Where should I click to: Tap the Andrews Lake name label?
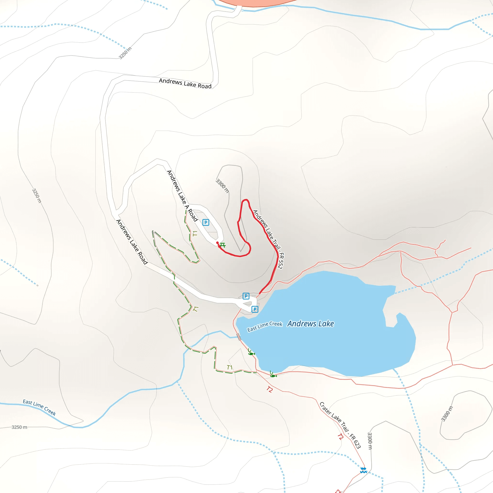(x=311, y=324)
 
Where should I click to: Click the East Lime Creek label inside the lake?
(x=265, y=326)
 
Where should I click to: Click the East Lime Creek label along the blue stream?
(x=39, y=407)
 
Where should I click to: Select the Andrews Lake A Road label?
(x=182, y=196)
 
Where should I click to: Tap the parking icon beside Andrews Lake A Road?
(x=206, y=222)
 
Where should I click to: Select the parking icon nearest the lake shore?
(x=255, y=309)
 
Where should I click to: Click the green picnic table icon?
(x=222, y=245)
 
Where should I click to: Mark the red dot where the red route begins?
(x=217, y=243)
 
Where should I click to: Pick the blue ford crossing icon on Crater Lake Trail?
(x=363, y=470)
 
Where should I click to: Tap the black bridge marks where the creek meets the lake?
(x=239, y=337)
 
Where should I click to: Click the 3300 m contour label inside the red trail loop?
(x=222, y=186)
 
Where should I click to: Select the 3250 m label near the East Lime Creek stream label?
(x=19, y=427)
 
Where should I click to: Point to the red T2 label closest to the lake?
(x=270, y=389)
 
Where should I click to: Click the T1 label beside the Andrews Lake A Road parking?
(x=195, y=234)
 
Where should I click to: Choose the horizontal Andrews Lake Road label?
(x=185, y=84)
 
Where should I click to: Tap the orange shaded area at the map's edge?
(x=255, y=3)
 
